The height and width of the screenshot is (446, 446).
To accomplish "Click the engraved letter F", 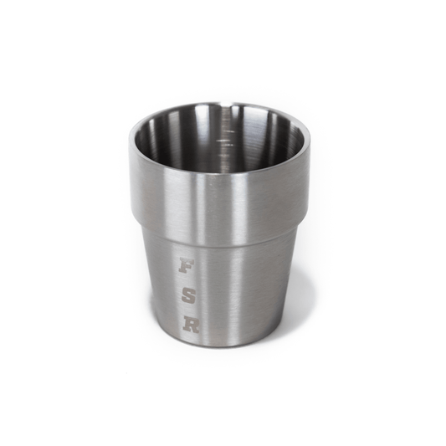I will (x=187, y=267).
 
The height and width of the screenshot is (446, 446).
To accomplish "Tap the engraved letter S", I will (x=188, y=295).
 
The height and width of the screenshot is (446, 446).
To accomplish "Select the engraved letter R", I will (x=191, y=324).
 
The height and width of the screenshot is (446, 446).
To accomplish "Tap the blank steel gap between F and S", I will (x=187, y=281).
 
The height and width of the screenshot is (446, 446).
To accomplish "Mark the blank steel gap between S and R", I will (x=190, y=310).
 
